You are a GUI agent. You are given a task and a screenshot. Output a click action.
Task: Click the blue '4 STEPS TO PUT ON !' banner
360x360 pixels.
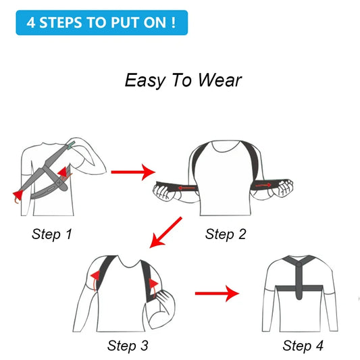[101, 22]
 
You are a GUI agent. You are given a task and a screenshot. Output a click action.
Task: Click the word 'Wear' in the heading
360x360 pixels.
[220, 80]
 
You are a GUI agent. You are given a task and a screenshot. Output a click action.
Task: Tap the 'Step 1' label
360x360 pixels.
[52, 234]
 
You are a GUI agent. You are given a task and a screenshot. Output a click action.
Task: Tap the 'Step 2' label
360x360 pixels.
[226, 234]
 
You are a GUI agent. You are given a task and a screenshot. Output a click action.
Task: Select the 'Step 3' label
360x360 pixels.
[128, 346]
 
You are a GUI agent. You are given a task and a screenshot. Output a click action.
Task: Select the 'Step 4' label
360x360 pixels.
[303, 346]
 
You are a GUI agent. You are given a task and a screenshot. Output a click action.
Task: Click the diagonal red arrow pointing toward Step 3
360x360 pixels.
[166, 232]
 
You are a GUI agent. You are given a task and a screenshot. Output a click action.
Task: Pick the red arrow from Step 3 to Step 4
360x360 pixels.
[217, 294]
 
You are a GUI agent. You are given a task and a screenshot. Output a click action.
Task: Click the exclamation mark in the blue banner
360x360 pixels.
[174, 22]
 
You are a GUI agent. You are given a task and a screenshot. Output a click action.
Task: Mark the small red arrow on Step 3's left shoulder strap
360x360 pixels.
[96, 276]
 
